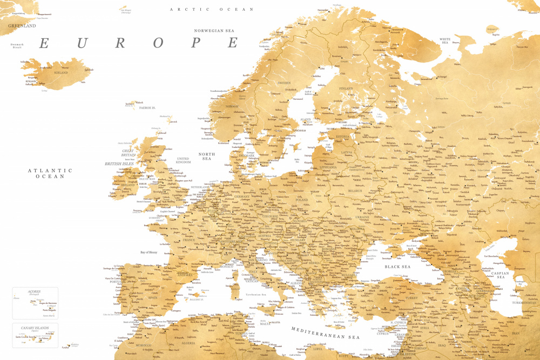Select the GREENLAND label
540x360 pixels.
(x=22, y=25)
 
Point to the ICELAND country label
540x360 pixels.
(x=61, y=72)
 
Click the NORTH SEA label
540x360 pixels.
(x=207, y=157)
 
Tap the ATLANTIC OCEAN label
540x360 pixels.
(x=50, y=173)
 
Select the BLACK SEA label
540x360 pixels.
(x=397, y=267)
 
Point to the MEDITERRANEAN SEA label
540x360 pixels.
(x=325, y=333)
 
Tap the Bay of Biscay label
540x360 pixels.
(x=152, y=252)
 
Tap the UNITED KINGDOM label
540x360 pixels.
(x=184, y=160)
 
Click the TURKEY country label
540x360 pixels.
(x=411, y=297)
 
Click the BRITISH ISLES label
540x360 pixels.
(x=120, y=163)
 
